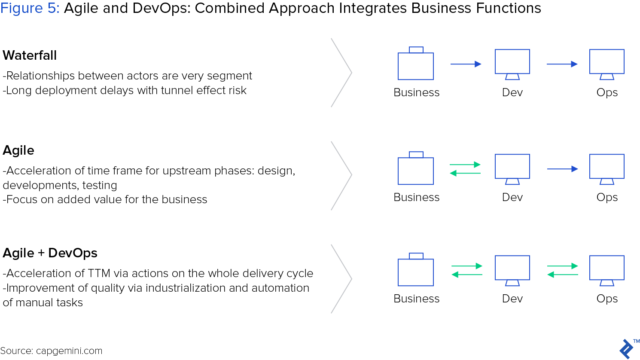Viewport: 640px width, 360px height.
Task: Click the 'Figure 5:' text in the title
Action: pyautogui.click(x=30, y=8)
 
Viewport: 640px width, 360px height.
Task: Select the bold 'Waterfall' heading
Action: pyautogui.click(x=30, y=55)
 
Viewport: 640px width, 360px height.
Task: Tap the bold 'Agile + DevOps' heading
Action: pyautogui.click(x=50, y=253)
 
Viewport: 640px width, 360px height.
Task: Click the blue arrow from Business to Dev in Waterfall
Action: pyautogui.click(x=466, y=64)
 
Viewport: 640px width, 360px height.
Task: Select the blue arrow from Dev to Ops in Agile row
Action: pyautogui.click(x=562, y=169)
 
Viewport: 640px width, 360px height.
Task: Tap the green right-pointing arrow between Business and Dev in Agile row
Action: pyautogui.click(x=465, y=165)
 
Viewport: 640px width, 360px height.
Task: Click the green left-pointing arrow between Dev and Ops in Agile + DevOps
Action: pyautogui.click(x=563, y=275)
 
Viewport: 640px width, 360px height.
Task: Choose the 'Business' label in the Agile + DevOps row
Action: pyautogui.click(x=416, y=299)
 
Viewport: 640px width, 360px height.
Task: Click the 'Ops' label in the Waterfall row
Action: pyautogui.click(x=607, y=92)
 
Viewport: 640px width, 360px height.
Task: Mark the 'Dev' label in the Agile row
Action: pyautogui.click(x=512, y=198)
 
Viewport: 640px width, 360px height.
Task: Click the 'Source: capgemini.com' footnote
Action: pyautogui.click(x=51, y=351)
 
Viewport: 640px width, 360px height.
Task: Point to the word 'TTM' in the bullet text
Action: pyautogui.click(x=99, y=273)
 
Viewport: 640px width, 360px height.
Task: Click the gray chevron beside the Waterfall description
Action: pyautogui.click(x=341, y=73)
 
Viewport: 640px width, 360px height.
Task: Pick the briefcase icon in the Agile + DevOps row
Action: pyautogui.click(x=416, y=269)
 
